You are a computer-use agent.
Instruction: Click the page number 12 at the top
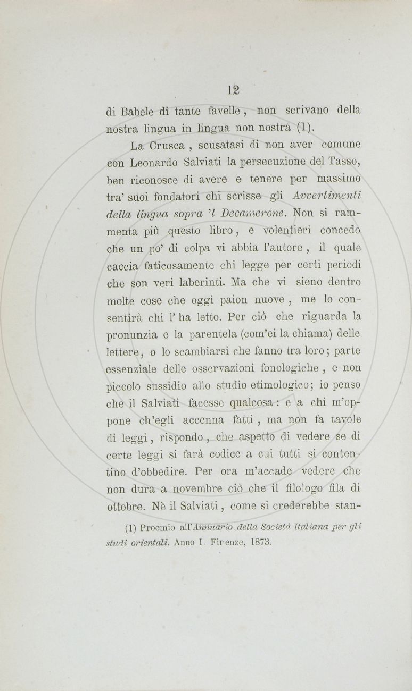pyautogui.click(x=234, y=89)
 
